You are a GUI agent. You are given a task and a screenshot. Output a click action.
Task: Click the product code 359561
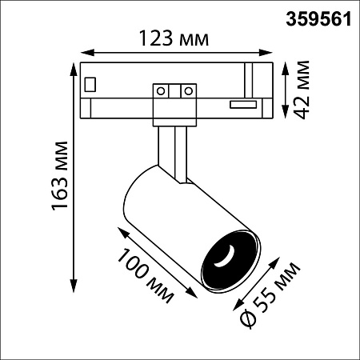pos(318,19)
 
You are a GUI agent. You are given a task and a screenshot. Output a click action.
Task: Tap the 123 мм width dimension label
pos(174,38)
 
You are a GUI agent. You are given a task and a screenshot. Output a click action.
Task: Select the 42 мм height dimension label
pos(302,90)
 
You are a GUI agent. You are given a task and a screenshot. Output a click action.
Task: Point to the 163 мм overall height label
pos(60,176)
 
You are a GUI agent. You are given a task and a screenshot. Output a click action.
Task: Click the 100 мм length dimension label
pos(146,275)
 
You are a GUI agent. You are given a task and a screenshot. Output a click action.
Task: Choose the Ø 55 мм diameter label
pos(270,294)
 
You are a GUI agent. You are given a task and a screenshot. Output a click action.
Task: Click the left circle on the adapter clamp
pos(161,91)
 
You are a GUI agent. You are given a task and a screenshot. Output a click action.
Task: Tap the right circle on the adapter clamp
pos(189,91)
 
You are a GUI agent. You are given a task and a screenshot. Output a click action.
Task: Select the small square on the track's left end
pos(90,84)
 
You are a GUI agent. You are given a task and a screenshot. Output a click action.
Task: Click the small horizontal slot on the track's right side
pos(243,105)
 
